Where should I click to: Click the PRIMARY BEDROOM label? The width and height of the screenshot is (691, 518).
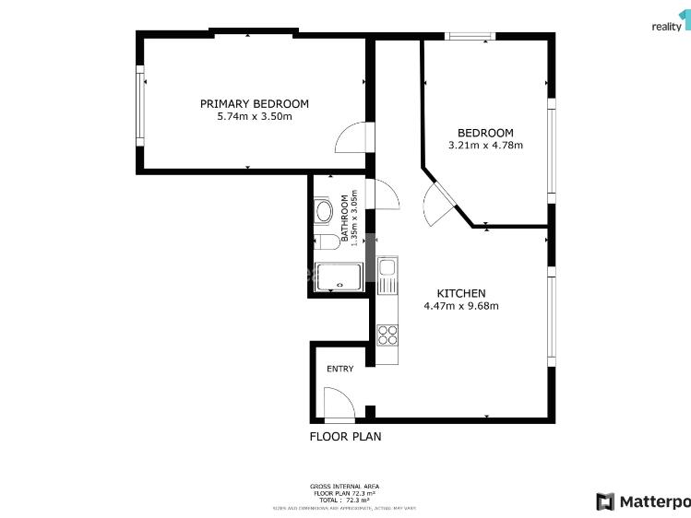(255, 104)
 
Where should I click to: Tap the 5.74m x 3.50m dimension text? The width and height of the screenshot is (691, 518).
(255, 117)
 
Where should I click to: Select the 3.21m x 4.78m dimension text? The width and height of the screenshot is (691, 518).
(485, 146)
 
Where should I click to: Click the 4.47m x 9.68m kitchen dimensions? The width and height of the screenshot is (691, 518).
(461, 306)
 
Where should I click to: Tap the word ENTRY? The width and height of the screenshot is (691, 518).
(340, 369)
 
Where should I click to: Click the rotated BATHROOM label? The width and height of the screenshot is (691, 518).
(346, 218)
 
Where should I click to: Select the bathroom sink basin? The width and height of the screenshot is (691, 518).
(322, 212)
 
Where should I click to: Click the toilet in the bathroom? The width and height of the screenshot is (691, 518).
(324, 242)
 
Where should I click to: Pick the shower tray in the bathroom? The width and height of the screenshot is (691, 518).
(340, 277)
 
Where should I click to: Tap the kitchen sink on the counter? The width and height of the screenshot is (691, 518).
(387, 270)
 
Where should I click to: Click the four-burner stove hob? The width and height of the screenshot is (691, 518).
(387, 334)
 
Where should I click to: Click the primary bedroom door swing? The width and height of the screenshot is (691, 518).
(352, 138)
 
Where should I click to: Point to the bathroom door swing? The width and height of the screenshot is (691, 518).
(383, 194)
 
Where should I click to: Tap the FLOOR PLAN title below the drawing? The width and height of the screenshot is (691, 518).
(345, 437)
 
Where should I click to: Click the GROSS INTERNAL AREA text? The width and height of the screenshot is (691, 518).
(344, 486)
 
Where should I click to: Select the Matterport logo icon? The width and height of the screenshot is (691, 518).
(605, 501)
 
